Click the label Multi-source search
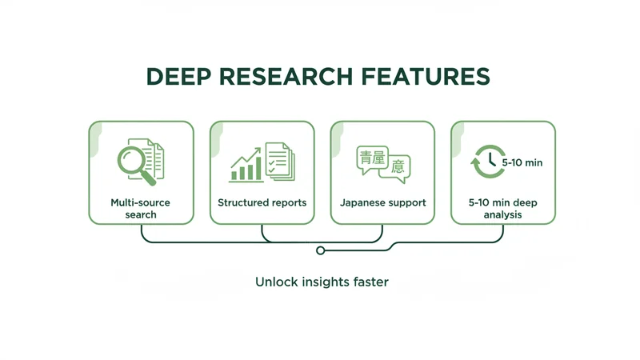click(x=141, y=208)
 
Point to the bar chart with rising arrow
click(x=246, y=165)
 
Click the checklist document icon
click(x=279, y=161)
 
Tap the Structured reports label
click(x=262, y=202)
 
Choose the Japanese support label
click(x=382, y=202)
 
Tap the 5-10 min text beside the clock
click(x=522, y=162)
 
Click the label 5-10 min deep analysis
click(x=503, y=208)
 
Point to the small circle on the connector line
click(x=321, y=250)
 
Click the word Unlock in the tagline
click(x=274, y=282)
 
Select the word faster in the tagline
click(x=369, y=282)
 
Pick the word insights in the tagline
click(x=322, y=282)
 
